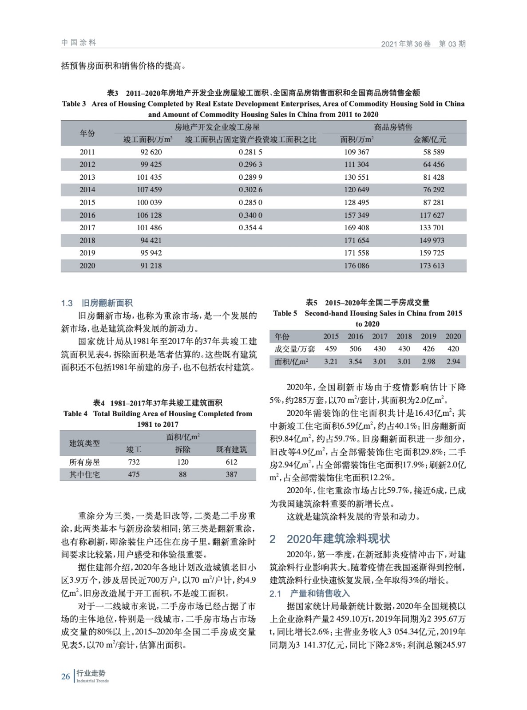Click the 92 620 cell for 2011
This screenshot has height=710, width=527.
151,152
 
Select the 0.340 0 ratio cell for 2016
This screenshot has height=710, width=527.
250,215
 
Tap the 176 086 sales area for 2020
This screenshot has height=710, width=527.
357,266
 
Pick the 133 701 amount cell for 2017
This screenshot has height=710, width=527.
432,228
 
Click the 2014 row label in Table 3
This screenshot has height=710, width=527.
87,189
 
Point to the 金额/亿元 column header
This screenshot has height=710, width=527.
430,139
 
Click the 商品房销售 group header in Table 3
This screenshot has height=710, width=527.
393,127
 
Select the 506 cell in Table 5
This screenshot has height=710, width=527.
355,349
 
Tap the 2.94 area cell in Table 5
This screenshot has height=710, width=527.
453,362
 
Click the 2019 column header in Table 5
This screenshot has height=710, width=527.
428,336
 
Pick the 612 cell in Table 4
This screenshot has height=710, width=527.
231,462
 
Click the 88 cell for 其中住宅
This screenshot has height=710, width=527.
182,474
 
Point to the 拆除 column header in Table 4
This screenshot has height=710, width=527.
182,450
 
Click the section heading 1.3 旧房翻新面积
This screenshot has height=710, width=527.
97,304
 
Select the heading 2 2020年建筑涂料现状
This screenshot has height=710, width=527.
330,539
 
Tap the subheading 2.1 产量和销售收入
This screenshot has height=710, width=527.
310,593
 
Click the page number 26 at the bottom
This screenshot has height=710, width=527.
66,676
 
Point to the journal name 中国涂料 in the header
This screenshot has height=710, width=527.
79,43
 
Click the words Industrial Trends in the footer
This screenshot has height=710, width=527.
92,681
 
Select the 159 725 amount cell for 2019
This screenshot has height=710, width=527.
432,253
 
